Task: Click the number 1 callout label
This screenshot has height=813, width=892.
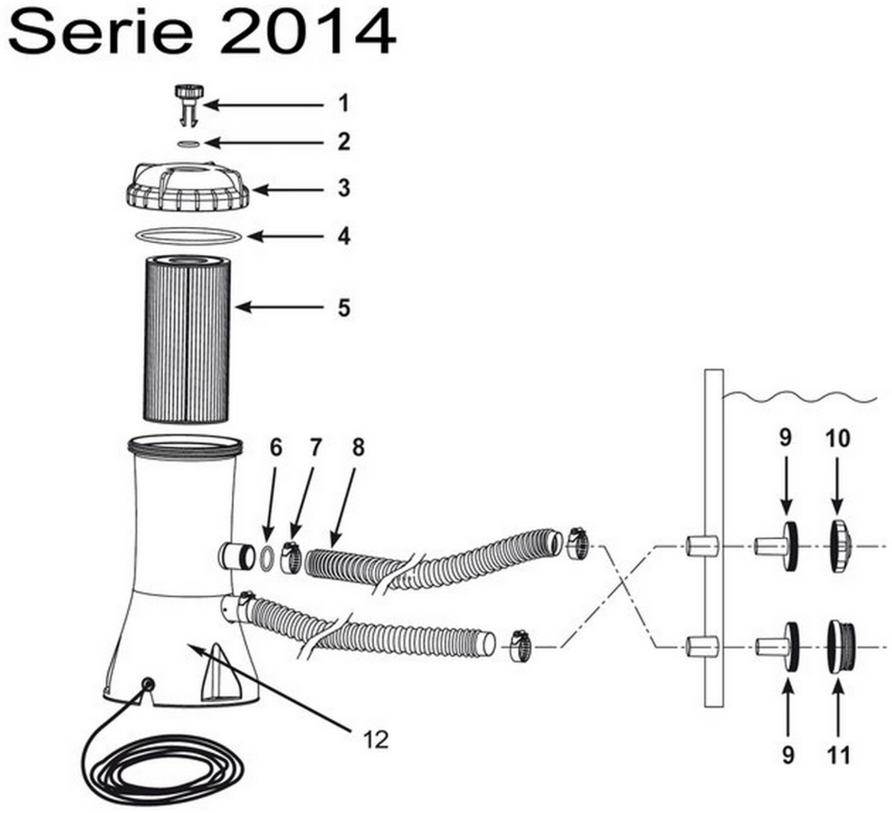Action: coord(342,103)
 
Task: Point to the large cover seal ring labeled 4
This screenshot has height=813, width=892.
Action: coord(187,235)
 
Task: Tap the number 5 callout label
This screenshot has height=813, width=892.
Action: coord(342,307)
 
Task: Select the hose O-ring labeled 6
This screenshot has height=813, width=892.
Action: coord(268,557)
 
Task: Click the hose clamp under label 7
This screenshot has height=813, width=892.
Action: coord(291,557)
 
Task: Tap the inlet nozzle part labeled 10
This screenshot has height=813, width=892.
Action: coord(840,546)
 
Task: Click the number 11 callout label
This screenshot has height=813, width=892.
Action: coord(838,754)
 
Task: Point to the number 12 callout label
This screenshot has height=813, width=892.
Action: coord(376,740)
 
